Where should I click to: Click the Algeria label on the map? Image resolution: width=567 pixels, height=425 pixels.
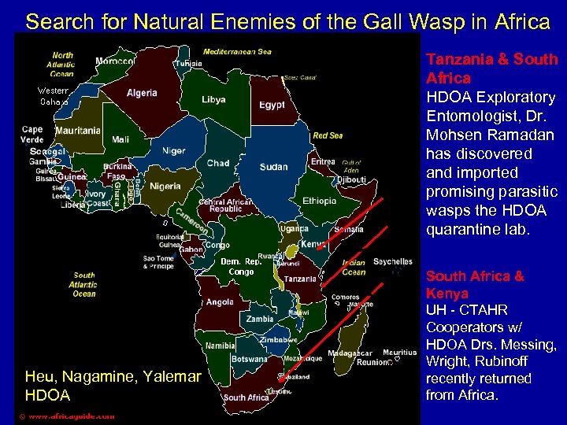click(142, 93)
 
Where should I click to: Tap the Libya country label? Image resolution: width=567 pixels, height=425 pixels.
click(213, 100)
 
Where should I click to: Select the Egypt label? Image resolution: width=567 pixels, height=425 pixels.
click(272, 105)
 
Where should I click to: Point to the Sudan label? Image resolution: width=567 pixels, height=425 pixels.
click(273, 167)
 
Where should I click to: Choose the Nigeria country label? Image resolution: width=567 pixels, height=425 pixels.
click(165, 187)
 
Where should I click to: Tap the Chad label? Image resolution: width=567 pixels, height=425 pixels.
click(218, 163)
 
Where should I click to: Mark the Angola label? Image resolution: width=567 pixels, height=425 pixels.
click(220, 302)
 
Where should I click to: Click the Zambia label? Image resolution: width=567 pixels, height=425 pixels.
click(260, 320)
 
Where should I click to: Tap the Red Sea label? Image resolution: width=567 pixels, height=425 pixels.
click(328, 135)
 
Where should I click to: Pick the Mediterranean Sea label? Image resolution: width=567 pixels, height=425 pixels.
click(237, 52)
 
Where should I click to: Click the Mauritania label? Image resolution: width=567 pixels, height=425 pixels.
click(79, 131)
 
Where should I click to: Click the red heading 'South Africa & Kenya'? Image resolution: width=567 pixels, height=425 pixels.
click(475, 284)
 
